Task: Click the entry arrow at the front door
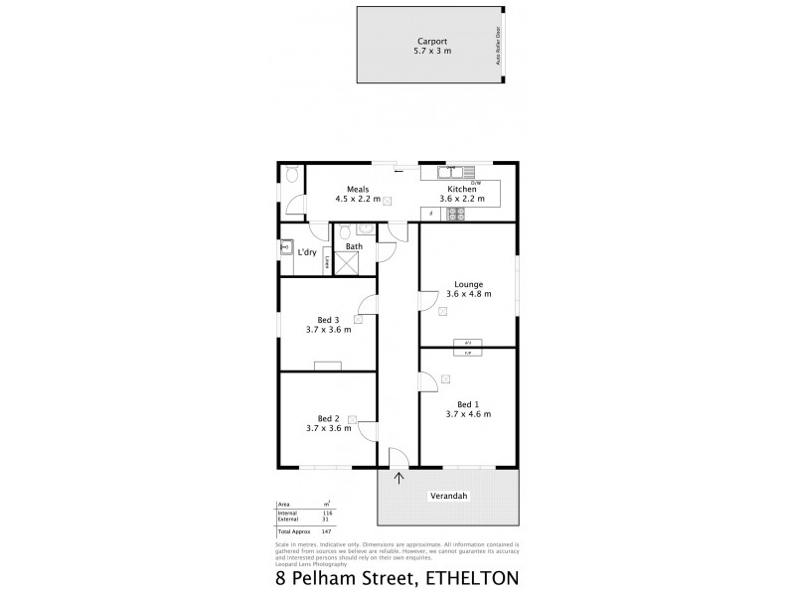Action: coord(399,479)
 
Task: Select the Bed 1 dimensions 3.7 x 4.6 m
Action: coord(468,413)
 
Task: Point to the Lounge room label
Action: coord(468,283)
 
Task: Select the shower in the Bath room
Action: coord(348,262)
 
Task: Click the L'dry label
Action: coord(307,252)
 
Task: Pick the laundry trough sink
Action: coord(287,248)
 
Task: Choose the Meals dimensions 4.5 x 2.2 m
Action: coord(358,199)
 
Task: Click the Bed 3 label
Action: coord(329,320)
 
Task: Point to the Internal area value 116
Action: coord(326,512)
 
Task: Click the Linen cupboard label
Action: coord(328,265)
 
